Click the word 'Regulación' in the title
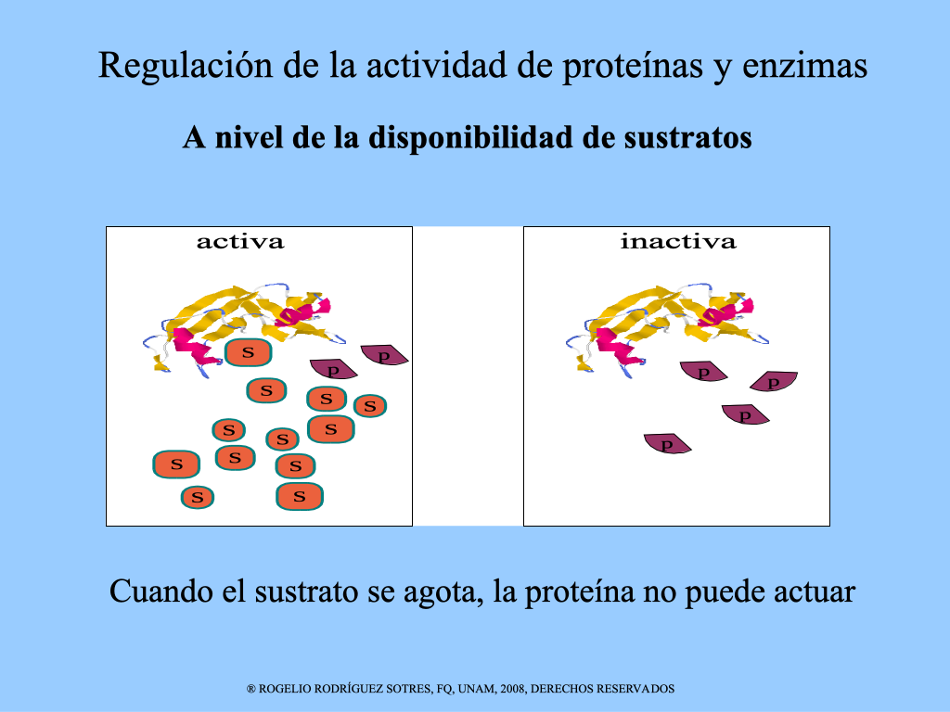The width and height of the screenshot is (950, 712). coord(186,66)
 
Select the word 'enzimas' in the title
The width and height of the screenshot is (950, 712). coord(804,66)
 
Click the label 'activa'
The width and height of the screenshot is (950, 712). coord(240,242)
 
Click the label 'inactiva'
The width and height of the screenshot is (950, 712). coord(678,242)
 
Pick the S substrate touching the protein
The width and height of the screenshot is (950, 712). coord(248,351)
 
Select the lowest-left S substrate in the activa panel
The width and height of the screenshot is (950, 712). coord(198,498)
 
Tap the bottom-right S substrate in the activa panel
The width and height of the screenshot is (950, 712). coord(300,497)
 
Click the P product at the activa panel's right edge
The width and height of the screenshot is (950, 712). coord(384,355)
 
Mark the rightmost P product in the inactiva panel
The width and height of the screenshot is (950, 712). coord(774,381)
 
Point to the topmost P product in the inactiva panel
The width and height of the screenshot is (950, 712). coord(703,371)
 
